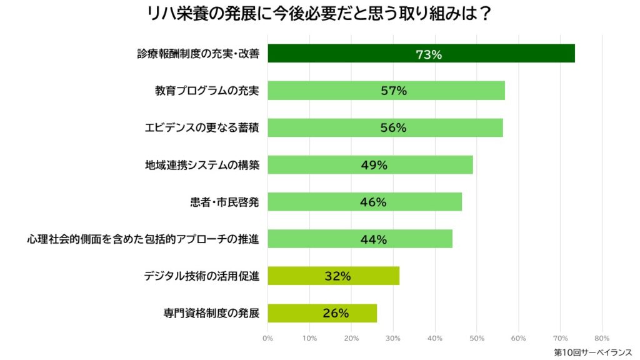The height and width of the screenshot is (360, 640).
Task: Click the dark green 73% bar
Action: (500, 54)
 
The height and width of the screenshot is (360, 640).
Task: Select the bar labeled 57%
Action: (450, 91)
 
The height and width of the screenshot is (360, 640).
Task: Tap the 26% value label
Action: (336, 313)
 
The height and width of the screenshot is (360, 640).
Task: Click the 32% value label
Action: (337, 276)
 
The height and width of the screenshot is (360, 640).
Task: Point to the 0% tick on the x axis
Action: (267, 338)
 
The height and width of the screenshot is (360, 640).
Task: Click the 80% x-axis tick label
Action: (601, 338)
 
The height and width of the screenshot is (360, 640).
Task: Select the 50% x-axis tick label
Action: (476, 338)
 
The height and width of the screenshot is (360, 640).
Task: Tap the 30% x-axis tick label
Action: (392, 338)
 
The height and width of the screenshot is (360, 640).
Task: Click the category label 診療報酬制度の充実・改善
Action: (198, 54)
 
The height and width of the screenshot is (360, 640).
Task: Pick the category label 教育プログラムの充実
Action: (207, 91)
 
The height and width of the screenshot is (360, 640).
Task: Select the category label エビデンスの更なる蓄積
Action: (202, 128)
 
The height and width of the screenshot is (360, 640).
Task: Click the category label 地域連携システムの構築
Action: (202, 165)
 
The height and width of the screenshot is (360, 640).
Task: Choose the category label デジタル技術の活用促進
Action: (202, 275)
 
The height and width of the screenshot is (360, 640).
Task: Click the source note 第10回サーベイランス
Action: (592, 352)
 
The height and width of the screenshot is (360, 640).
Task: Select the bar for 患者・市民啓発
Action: (425, 202)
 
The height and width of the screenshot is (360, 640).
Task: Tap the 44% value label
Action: (374, 239)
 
